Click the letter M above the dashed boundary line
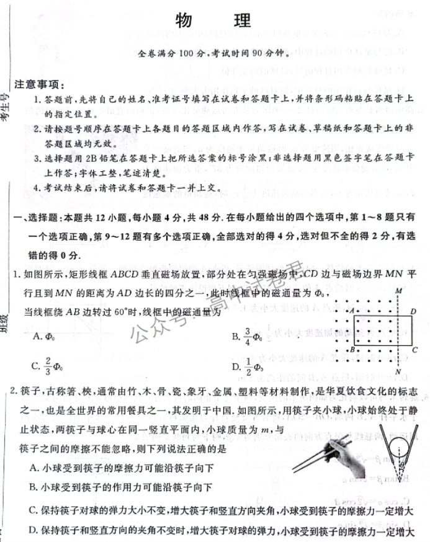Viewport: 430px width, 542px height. (x=398, y=290)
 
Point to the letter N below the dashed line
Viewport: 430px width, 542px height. (x=398, y=371)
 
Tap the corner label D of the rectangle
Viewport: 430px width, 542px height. (x=413, y=311)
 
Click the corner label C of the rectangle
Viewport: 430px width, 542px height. (x=414, y=350)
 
